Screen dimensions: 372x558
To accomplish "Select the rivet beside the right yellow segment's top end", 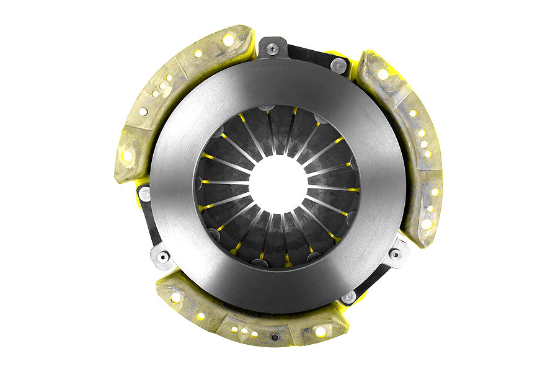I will [339, 64].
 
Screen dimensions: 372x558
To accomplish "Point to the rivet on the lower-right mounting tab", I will [394, 253].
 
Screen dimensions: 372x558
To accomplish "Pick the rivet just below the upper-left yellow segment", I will [144, 194].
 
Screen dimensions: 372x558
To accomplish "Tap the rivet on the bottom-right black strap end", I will [350, 296].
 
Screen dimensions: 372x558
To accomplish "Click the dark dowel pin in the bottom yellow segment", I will [275, 337].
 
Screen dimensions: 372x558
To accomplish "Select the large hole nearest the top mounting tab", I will [228, 40].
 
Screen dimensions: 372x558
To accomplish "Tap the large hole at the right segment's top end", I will [383, 74].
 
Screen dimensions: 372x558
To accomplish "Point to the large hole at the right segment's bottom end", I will [427, 224].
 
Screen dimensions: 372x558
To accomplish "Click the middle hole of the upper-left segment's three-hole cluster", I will [162, 86].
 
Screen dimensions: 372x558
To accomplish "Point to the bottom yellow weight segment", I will [248, 316].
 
